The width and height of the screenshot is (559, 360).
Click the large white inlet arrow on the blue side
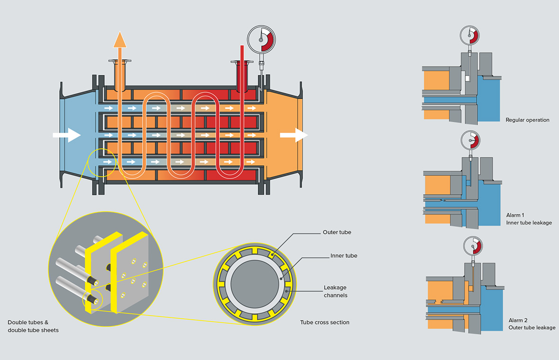[67, 135]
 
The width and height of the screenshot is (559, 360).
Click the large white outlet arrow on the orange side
[294, 135]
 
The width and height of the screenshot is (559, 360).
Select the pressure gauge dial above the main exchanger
[261, 39]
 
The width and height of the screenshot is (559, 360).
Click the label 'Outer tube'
[337, 232]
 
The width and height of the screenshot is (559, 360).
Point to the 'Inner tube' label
[343, 256]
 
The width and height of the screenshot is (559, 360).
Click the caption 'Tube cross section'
[325, 323]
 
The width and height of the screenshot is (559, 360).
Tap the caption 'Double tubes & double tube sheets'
[33, 326]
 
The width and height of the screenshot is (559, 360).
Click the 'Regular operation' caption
[527, 120]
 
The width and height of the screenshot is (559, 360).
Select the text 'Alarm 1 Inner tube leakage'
[529, 219]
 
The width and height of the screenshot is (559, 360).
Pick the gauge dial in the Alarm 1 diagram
[470, 141]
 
